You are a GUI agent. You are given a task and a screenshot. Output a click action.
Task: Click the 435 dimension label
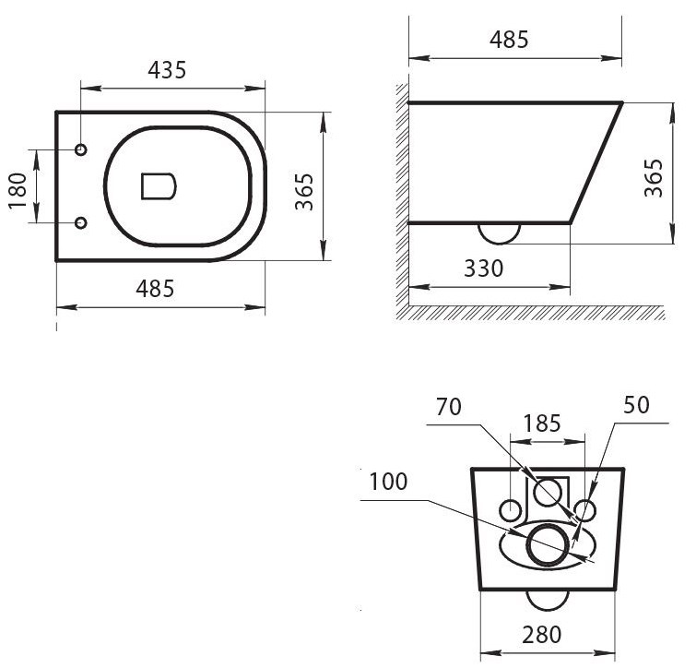[x=167, y=70]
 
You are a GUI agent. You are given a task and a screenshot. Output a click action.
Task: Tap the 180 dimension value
[x=18, y=191]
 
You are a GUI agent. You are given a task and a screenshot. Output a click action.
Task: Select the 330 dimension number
[x=483, y=268]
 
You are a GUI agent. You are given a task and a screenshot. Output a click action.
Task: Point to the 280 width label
[x=541, y=634]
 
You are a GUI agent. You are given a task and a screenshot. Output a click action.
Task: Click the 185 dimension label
[x=541, y=423]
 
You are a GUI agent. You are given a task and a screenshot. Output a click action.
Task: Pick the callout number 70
[x=449, y=407]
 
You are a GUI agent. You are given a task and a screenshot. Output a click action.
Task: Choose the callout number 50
[x=636, y=405]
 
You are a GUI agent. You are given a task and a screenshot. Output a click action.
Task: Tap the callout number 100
[x=388, y=482]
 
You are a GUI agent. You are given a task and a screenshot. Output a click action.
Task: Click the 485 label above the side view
[x=509, y=40]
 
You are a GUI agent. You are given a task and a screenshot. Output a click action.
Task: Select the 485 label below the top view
[x=156, y=289]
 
